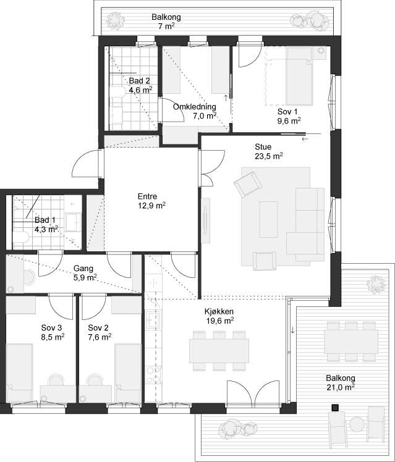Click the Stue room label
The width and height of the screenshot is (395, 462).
pyautogui.click(x=263, y=147)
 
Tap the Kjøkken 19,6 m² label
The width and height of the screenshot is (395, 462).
pyautogui.click(x=219, y=316)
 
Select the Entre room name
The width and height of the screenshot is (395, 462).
pyautogui.click(x=147, y=196)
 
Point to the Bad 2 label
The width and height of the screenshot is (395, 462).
pyautogui.click(x=140, y=81)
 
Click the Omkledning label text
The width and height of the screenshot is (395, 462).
pyautogui.click(x=195, y=107)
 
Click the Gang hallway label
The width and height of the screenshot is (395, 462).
pyautogui.click(x=83, y=269)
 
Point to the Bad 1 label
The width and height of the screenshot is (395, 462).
pyautogui.click(x=45, y=220)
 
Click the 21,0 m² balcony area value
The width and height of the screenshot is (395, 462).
pyautogui.click(x=341, y=387)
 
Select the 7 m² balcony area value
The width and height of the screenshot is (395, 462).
pyautogui.click(x=166, y=26)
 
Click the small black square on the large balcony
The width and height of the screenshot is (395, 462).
pyautogui.click(x=335, y=408)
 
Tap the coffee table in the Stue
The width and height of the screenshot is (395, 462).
pyautogui.click(x=268, y=219)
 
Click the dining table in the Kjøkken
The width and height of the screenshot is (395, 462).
pyautogui.click(x=219, y=351)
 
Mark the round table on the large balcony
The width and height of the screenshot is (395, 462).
pyautogui.click(x=357, y=424)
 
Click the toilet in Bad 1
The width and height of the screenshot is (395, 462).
pyautogui.click(x=20, y=237)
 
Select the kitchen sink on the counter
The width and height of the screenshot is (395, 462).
pyautogui.click(x=153, y=319)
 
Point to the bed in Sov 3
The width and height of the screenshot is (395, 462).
pyautogui.click(x=19, y=372)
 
